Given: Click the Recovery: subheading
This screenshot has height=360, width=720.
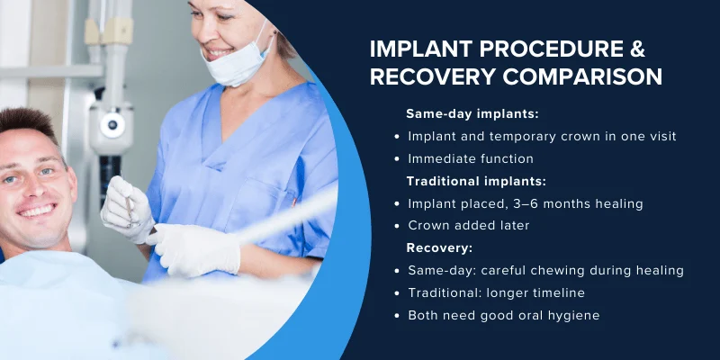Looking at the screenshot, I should coord(440,247).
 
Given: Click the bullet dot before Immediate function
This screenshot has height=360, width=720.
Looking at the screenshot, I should coord(398,159).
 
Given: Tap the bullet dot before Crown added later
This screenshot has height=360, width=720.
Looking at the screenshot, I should coord(398,226).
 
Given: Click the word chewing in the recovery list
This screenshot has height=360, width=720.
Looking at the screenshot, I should coord(569,270).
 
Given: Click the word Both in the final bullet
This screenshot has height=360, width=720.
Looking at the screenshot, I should coord(424,315).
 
